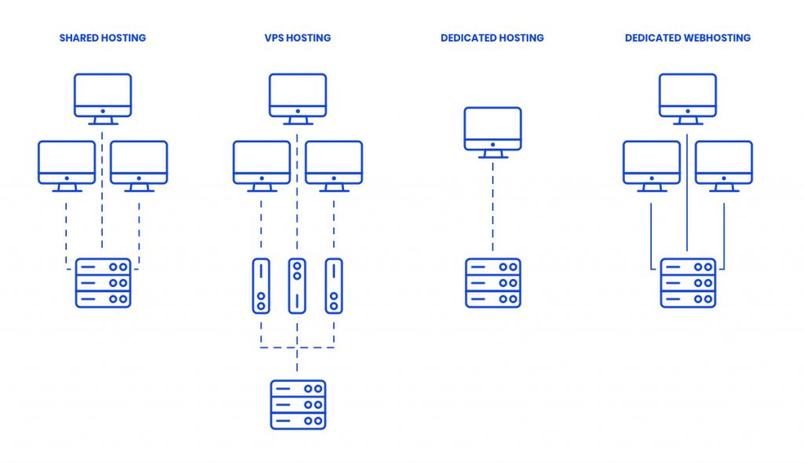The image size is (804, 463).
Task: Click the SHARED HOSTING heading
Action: tap(103, 38)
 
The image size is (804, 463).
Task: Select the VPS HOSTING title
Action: tap(298, 38)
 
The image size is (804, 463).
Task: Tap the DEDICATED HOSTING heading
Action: tap(492, 38)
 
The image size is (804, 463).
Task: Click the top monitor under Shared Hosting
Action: tap(103, 96)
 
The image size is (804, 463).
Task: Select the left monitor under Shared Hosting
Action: tap(67, 164)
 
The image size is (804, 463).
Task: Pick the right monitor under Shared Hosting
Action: tap(139, 164)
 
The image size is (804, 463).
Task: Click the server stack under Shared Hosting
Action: tap(103, 283)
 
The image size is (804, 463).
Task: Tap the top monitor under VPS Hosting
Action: tap(298, 96)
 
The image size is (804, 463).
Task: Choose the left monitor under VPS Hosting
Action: tap(261, 164)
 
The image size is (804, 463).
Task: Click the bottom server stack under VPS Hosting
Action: tap(298, 405)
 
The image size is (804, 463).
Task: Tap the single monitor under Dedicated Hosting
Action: tap(492, 130)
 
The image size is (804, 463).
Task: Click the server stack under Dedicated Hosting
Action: tap(492, 283)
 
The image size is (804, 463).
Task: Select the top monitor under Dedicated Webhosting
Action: tap(688, 96)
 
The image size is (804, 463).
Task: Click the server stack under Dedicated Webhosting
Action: tap(688, 283)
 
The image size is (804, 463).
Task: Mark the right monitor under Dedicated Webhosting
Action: tap(724, 164)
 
